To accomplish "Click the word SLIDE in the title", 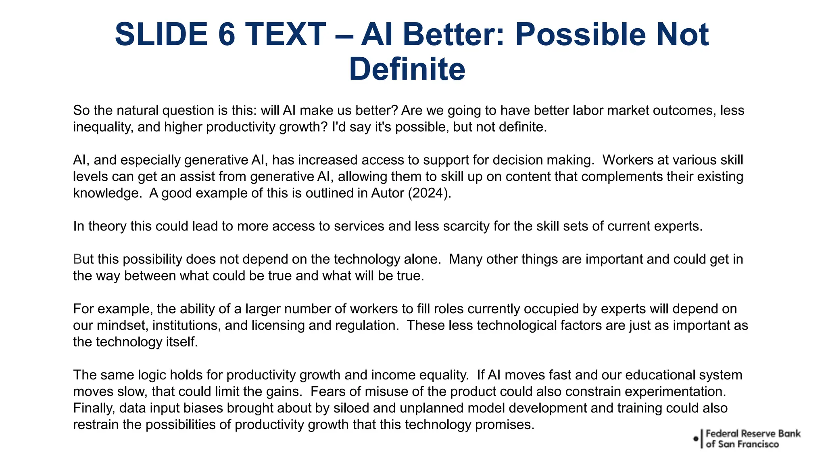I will [161, 34].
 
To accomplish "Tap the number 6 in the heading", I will [227, 34].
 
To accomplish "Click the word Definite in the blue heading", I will [407, 69].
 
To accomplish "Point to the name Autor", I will [388, 193].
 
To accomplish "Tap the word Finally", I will [94, 408].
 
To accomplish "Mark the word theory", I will [107, 226].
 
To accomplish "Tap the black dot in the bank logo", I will [696, 438].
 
